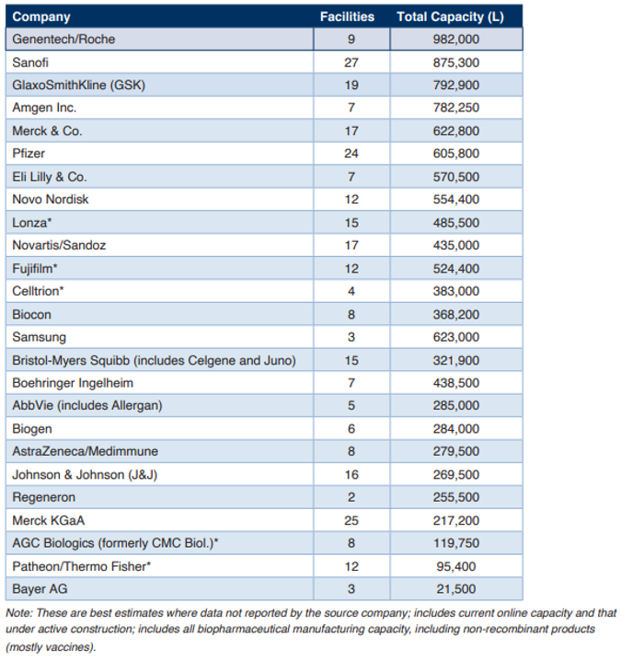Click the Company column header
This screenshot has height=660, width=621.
(41, 17)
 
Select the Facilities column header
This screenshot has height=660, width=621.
(347, 17)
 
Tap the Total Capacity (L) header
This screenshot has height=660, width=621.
(450, 17)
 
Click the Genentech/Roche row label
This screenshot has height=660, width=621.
(63, 40)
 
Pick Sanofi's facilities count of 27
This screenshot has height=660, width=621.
(351, 63)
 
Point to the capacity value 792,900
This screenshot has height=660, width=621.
(456, 85)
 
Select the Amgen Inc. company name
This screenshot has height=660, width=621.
(44, 108)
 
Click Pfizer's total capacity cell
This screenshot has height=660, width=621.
(456, 153)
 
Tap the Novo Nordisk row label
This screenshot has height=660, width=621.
(51, 199)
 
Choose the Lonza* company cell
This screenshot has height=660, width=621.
(32, 222)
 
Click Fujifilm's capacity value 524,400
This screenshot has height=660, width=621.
(456, 269)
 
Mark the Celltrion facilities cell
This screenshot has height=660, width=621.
(351, 291)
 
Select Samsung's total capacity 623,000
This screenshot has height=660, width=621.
(456, 337)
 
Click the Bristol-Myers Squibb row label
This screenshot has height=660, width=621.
(154, 360)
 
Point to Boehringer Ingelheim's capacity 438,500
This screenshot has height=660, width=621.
(456, 383)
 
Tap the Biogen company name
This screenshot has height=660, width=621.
(32, 429)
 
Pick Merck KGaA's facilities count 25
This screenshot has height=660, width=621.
(351, 521)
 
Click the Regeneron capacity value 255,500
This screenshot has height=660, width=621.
(456, 497)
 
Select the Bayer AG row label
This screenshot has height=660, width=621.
(40, 589)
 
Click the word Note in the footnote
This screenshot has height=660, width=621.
(19, 613)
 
